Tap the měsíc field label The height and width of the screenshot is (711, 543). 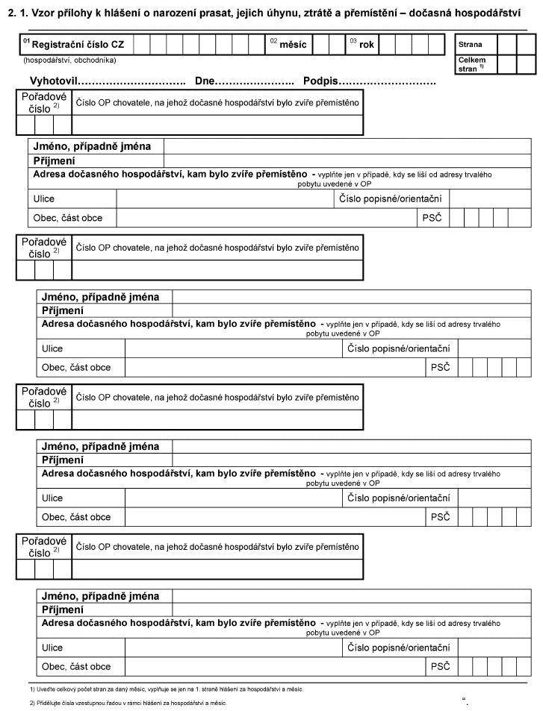tap(293, 45)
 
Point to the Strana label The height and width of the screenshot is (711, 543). tap(471, 44)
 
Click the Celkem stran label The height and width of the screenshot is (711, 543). tap(471, 63)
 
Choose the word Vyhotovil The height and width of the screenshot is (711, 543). tap(53, 80)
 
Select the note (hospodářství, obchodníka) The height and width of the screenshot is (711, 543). tap(69, 60)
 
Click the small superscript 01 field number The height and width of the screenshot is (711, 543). tap(27, 40)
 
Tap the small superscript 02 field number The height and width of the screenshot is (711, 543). tap(273, 40)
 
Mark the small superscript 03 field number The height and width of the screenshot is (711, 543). tap(353, 40)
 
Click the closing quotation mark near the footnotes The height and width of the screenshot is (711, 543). tap(466, 700)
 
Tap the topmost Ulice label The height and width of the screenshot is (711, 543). tap(44, 199)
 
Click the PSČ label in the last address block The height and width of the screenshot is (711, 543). tap(439, 666)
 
